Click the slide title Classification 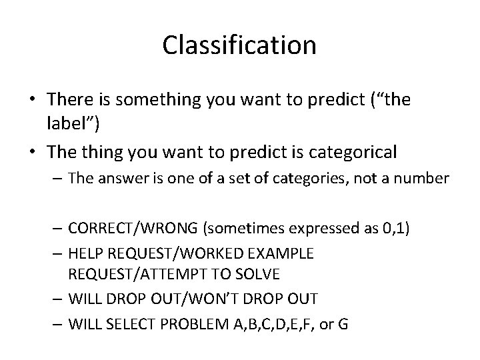click(x=239, y=45)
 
